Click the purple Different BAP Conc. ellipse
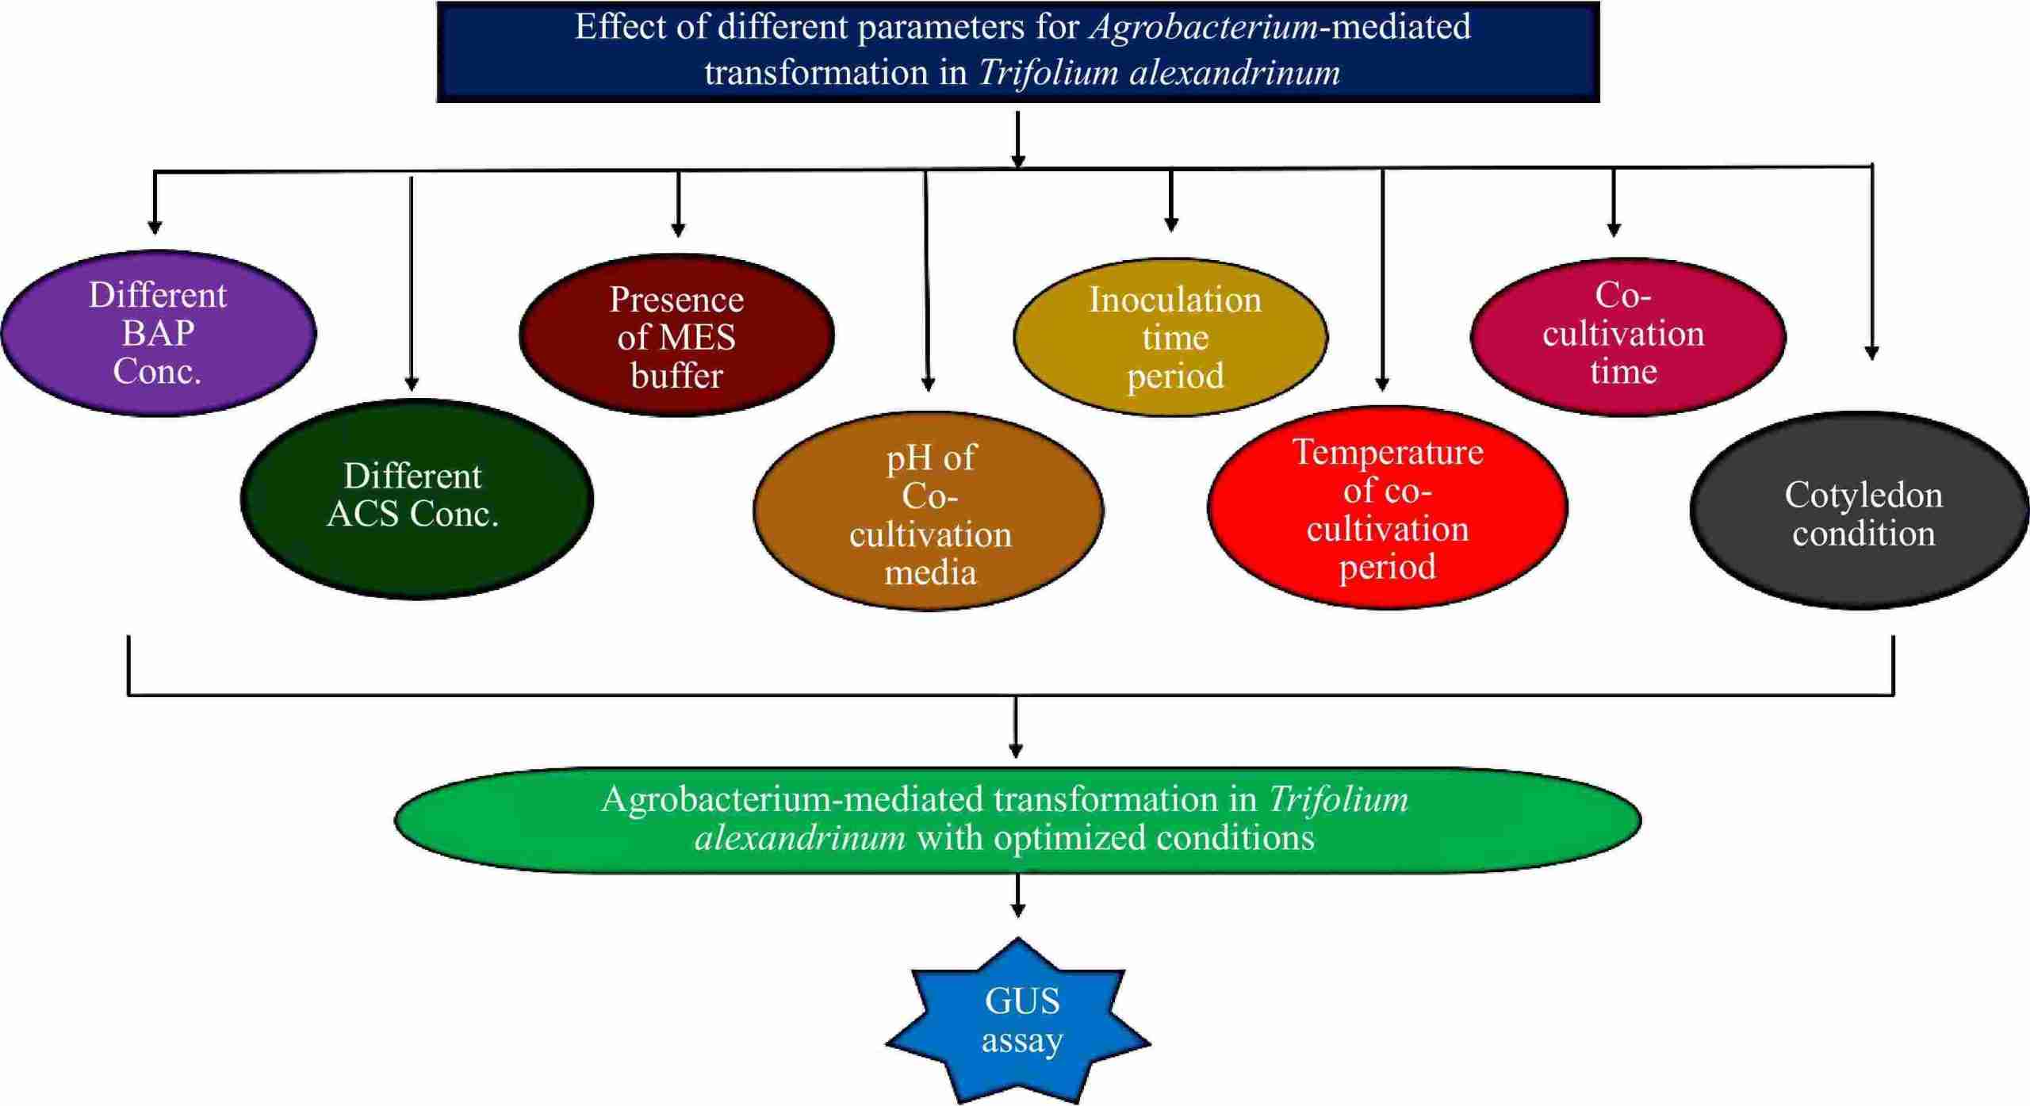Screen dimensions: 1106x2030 (x=159, y=333)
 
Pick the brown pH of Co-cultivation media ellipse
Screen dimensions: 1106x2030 (x=929, y=511)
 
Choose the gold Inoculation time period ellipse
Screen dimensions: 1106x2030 (x=1171, y=337)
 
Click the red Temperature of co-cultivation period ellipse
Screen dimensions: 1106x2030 (x=1387, y=507)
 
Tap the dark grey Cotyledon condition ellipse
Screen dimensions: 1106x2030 (x=1860, y=511)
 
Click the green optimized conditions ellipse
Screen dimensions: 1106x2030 (x=1017, y=820)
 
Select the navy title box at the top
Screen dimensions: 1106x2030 (x=1017, y=51)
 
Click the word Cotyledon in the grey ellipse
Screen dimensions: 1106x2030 (x=1863, y=496)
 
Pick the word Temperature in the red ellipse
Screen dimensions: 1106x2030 (x=1388, y=453)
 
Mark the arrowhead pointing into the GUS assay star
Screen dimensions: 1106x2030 (x=1018, y=912)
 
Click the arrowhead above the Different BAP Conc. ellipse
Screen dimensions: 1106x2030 (x=155, y=228)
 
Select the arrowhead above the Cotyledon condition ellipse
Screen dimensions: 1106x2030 (x=1871, y=354)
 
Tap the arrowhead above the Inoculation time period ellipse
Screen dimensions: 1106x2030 (x=1171, y=225)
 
